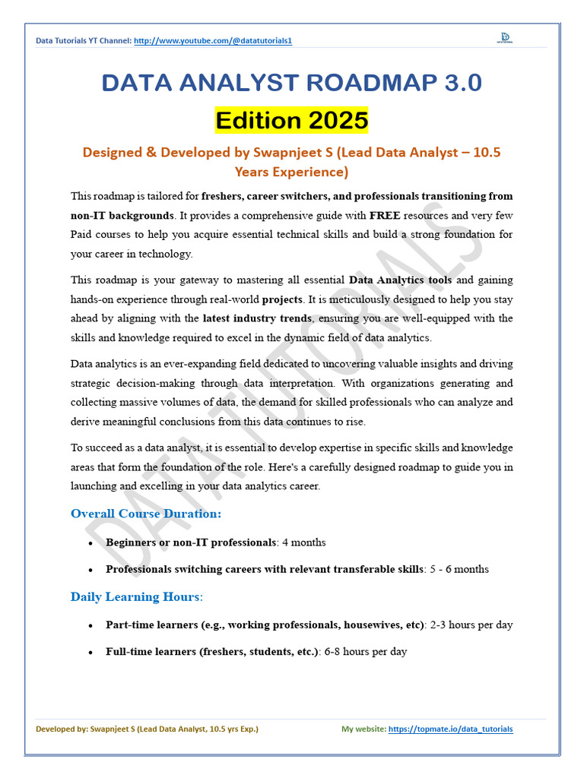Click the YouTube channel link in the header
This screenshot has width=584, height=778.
pos(212,40)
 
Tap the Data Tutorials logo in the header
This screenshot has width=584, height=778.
pos(504,38)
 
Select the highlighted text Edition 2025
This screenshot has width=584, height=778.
pos(292,120)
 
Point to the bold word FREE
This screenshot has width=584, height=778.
pos(385,216)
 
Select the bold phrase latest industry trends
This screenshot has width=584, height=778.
pos(257,318)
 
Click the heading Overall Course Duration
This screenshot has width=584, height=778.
pos(146,514)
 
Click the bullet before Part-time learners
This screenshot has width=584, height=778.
pos(90,626)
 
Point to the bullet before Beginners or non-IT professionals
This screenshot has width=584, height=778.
pos(90,543)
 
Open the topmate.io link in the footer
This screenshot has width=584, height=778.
pos(450,729)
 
